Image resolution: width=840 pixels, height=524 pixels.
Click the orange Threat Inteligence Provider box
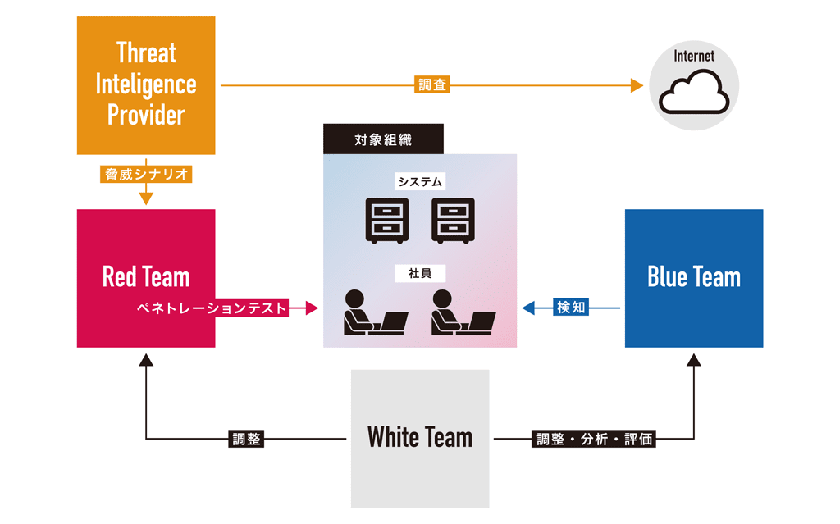146,85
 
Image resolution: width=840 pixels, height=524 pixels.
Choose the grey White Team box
420,438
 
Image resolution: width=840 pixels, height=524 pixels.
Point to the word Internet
694,57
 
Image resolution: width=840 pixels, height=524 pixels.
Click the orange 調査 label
433,84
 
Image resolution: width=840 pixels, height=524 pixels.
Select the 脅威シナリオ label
146,175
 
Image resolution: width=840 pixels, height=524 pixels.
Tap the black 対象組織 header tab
383,139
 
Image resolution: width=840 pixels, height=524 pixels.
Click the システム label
420,182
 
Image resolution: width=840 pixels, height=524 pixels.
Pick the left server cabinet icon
386,220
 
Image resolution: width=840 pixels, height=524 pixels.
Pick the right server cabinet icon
454,220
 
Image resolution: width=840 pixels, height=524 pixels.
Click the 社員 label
420,274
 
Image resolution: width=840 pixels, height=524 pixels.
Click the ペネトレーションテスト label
212,308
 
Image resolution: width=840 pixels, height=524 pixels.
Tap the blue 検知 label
571,308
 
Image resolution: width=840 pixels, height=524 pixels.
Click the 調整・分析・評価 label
595,439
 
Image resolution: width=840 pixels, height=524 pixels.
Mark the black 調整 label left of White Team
245,439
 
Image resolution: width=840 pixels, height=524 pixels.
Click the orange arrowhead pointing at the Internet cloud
637,84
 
